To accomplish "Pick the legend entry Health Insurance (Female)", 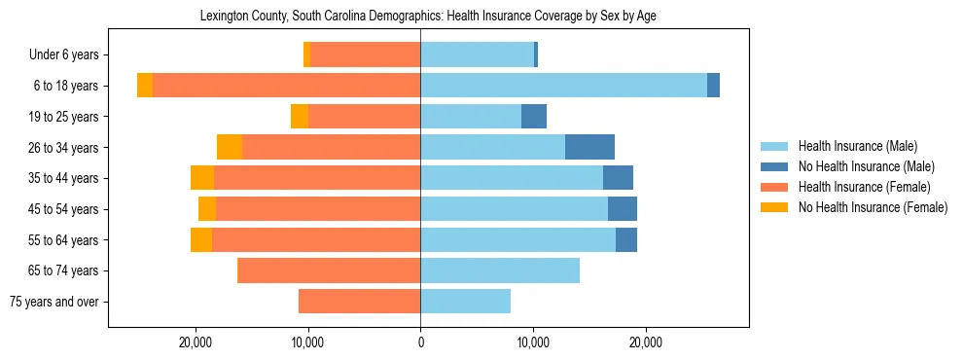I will click(x=864, y=187).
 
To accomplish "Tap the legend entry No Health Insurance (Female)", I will click(x=873, y=207).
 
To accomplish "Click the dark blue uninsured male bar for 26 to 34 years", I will click(x=589, y=147).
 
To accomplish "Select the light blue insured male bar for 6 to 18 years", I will click(x=563, y=86).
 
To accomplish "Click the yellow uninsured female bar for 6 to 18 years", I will click(x=145, y=86).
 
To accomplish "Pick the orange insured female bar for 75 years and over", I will click(x=359, y=302).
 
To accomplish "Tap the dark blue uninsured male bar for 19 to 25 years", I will click(x=534, y=117).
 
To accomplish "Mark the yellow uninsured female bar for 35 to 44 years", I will click(x=202, y=178).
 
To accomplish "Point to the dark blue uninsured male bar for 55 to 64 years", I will click(x=626, y=239).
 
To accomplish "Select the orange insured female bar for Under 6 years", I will click(x=365, y=54).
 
